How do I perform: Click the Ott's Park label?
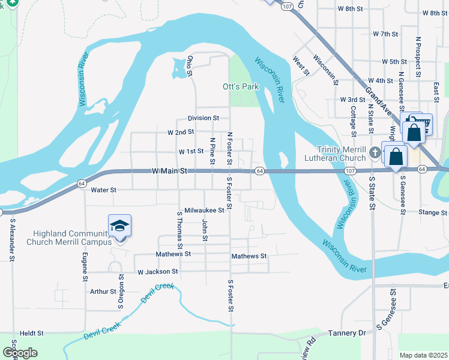click(x=240, y=86)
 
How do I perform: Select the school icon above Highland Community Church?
click(x=119, y=226)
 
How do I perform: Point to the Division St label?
click(x=203, y=118)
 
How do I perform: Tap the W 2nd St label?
click(x=181, y=131)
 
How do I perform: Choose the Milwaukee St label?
click(x=204, y=210)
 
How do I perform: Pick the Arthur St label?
click(x=103, y=292)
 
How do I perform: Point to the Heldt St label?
click(x=32, y=332)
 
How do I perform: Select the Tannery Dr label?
click(x=347, y=332)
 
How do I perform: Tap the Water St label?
click(x=103, y=190)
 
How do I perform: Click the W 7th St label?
click(x=385, y=34)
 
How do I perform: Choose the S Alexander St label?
click(x=11, y=239)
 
